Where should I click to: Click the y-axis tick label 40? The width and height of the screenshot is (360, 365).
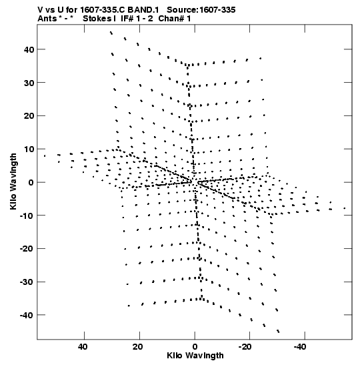pyautogui.click(x=29, y=49)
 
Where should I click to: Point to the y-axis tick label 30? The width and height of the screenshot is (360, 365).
pyautogui.click(x=29, y=83)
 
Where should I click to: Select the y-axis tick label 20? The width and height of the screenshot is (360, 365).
pyautogui.click(x=29, y=116)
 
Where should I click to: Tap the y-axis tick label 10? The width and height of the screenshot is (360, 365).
pyautogui.click(x=29, y=149)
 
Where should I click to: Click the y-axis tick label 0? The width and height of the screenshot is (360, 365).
pyautogui.click(x=31, y=183)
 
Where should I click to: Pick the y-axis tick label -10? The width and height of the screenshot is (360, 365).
pyautogui.click(x=27, y=216)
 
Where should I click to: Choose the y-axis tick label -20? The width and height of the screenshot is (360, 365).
pyautogui.click(x=27, y=249)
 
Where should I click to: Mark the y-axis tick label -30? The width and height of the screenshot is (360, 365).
pyautogui.click(x=27, y=282)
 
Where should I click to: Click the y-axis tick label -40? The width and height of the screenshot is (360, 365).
pyautogui.click(x=27, y=315)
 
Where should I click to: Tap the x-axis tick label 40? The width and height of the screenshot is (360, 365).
pyautogui.click(x=83, y=347)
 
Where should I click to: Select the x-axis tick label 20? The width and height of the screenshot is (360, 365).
pyautogui.click(x=138, y=347)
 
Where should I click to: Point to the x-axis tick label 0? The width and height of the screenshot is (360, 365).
pyautogui.click(x=195, y=347)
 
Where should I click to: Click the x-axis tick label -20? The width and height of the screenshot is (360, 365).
pyautogui.click(x=245, y=347)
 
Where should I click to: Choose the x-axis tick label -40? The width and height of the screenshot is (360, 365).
pyautogui.click(x=300, y=347)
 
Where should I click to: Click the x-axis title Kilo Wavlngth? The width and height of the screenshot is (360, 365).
pyautogui.click(x=195, y=356)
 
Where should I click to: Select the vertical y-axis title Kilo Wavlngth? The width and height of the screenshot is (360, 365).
pyautogui.click(x=13, y=181)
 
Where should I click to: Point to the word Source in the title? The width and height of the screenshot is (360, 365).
pyautogui.click(x=183, y=10)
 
